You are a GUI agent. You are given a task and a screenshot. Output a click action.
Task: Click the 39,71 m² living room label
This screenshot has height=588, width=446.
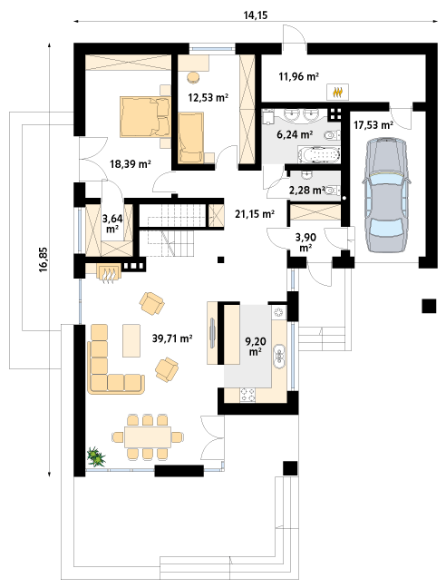[172, 338]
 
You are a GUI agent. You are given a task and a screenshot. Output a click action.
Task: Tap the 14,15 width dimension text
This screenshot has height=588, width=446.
[256, 15]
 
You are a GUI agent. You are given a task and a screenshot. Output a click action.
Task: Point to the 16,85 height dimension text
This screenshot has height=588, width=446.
[44, 260]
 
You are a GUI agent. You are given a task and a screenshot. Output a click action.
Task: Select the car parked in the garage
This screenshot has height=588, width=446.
[386, 195]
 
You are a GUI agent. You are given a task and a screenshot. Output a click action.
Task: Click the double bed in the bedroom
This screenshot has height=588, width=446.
[145, 117]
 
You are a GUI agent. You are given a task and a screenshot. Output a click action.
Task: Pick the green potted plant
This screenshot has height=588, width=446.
[96, 456]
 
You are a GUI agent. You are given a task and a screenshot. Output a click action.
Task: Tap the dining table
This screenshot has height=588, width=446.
[148, 436]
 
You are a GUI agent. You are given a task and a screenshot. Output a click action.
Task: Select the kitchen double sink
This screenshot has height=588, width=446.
[279, 354]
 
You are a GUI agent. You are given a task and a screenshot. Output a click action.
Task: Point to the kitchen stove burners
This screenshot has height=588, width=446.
[247, 394]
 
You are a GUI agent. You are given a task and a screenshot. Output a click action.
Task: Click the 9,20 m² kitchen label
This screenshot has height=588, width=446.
[255, 346]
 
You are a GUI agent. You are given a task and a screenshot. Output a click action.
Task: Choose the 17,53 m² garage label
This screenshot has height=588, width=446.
[373, 125]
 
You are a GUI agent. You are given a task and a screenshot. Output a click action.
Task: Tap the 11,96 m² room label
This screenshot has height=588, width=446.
[298, 76]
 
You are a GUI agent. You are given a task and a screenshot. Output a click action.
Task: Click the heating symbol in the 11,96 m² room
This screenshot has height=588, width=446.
[338, 92]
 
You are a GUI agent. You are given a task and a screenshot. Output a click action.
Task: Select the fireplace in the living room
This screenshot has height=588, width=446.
[109, 271]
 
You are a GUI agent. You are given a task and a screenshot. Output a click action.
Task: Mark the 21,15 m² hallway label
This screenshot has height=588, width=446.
[255, 214]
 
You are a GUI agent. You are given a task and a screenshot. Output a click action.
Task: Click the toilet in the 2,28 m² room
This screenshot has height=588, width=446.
[333, 191]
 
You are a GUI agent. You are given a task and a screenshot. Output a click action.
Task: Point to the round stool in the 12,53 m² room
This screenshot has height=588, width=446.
[193, 77]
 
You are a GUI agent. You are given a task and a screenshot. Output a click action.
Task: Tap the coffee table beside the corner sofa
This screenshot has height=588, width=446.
[131, 341]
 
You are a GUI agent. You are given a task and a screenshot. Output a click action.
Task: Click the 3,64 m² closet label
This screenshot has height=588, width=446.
[112, 223]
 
